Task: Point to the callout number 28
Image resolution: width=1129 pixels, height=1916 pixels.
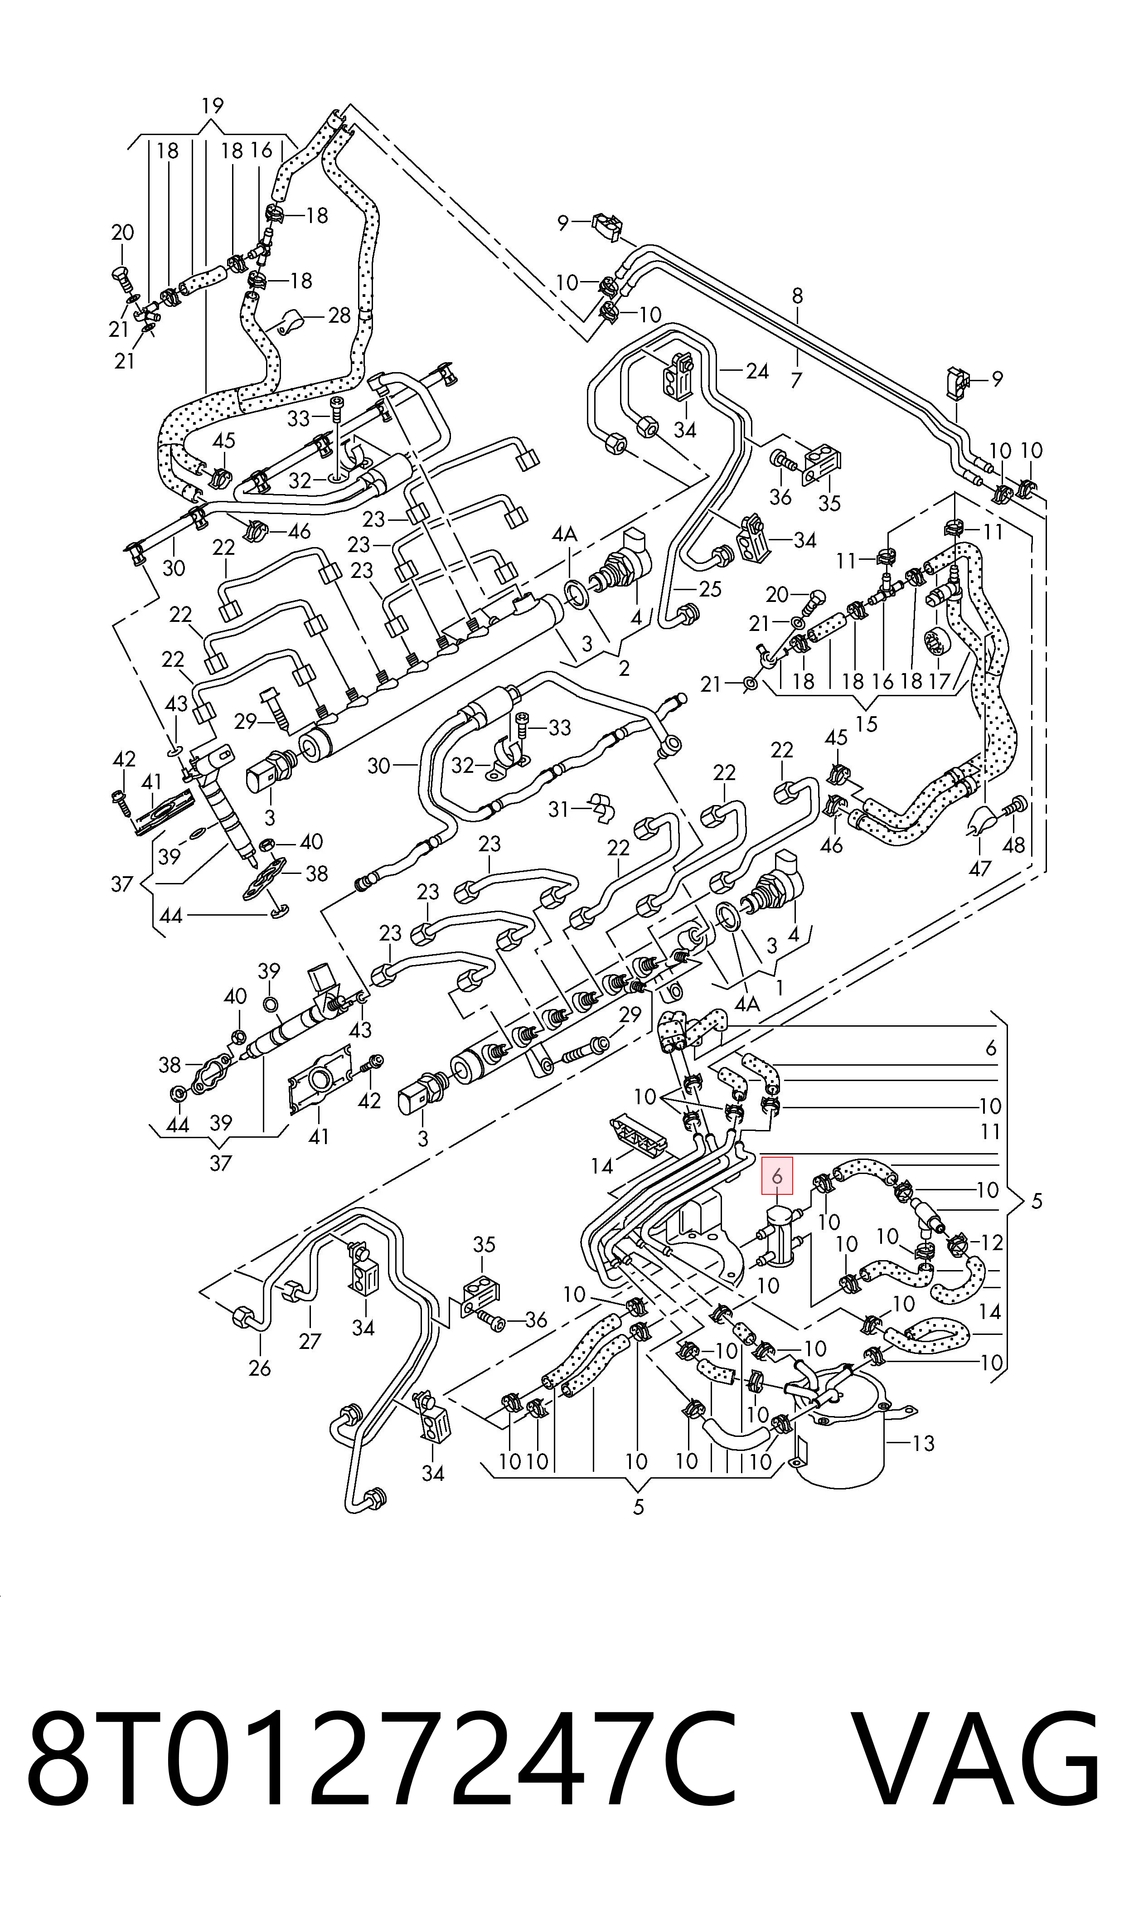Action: click(339, 315)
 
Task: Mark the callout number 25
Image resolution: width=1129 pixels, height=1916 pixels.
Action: click(709, 589)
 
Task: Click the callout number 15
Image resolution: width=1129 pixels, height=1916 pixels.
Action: click(867, 723)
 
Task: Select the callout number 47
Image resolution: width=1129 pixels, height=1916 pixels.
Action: click(980, 867)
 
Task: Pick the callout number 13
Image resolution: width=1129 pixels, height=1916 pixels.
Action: click(923, 1443)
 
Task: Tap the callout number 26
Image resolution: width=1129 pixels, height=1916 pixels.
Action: click(259, 1368)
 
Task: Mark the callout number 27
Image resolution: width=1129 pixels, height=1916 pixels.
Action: click(310, 1340)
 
